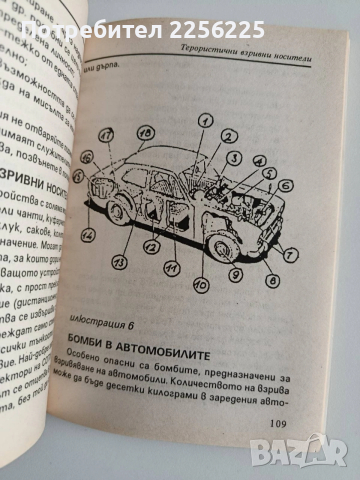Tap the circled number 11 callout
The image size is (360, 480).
169,267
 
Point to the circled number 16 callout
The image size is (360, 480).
87,157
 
